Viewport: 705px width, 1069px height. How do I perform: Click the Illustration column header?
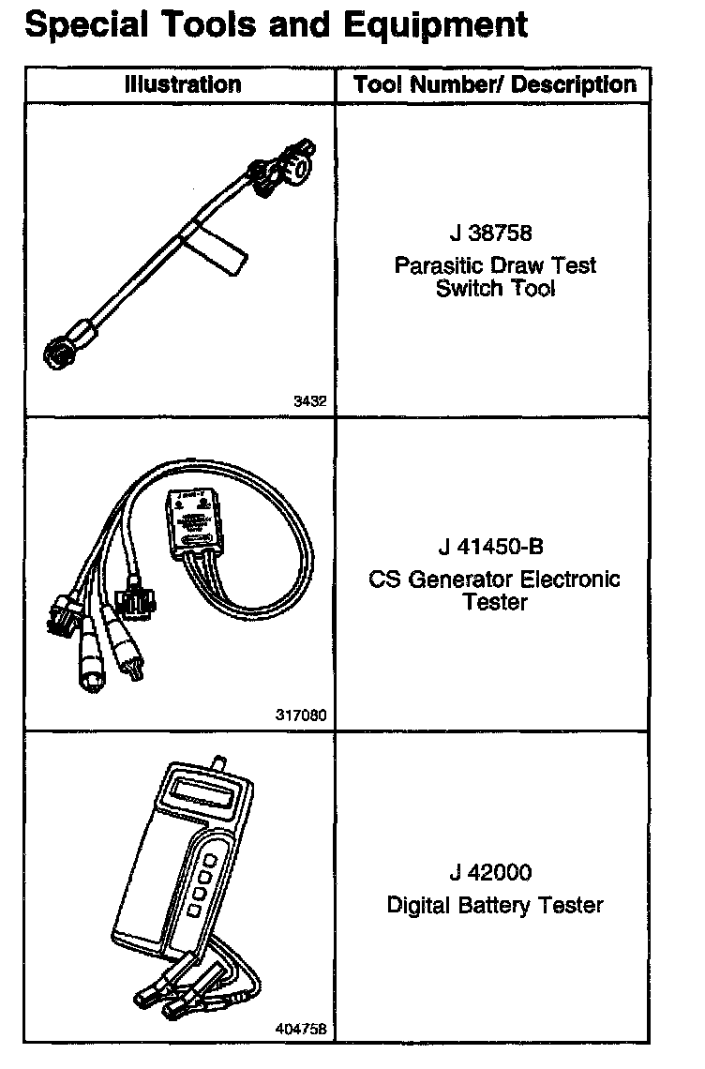[x=183, y=84]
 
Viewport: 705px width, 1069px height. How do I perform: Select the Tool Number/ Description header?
[x=495, y=84]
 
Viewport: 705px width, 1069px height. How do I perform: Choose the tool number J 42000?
[x=489, y=873]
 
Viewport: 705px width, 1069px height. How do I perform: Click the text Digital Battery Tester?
[x=495, y=905]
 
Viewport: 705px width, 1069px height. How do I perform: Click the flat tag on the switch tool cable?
[x=214, y=241]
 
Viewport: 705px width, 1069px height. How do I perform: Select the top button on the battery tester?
[x=211, y=860]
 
